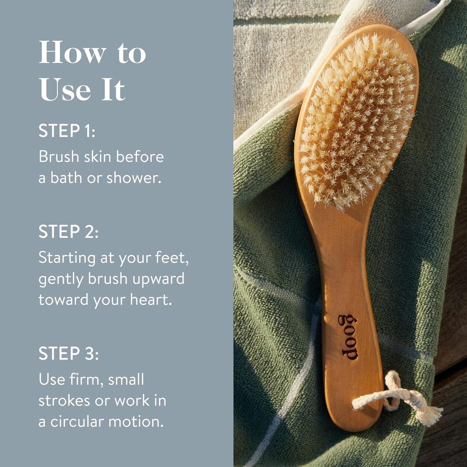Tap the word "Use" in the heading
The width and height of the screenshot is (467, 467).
65,90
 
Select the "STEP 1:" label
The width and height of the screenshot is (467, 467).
67,131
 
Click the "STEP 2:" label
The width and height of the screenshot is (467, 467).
68,232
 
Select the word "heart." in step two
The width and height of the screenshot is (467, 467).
151,300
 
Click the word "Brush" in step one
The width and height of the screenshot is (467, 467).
59,157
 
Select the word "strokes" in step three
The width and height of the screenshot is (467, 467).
64,401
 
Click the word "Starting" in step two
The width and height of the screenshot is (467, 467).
67,258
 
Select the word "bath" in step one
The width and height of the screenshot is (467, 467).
66,178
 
